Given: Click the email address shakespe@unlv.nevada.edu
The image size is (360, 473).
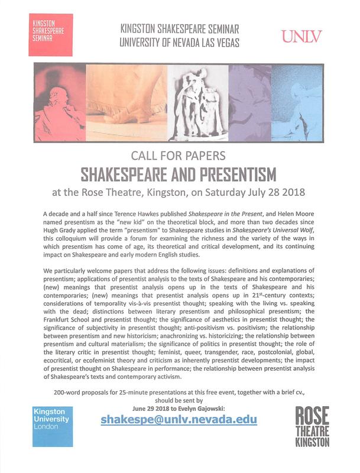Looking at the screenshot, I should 179,419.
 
